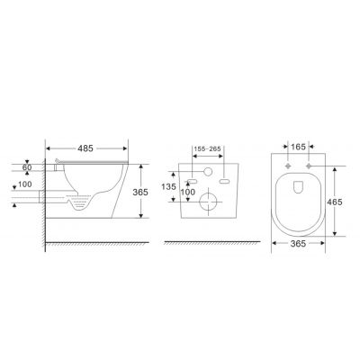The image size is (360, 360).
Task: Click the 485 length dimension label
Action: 85,148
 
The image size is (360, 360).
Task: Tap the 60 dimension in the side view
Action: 27,167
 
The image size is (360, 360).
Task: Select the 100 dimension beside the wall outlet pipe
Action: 25,184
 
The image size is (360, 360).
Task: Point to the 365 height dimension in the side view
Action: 140,192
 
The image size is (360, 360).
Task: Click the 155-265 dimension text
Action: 207,149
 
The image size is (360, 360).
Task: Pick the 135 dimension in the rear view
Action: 168,187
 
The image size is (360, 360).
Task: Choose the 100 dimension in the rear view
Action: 188,192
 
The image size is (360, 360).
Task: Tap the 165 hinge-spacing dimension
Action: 298,147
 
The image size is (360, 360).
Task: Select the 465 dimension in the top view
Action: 335,202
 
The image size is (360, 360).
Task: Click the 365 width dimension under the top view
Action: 298,244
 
